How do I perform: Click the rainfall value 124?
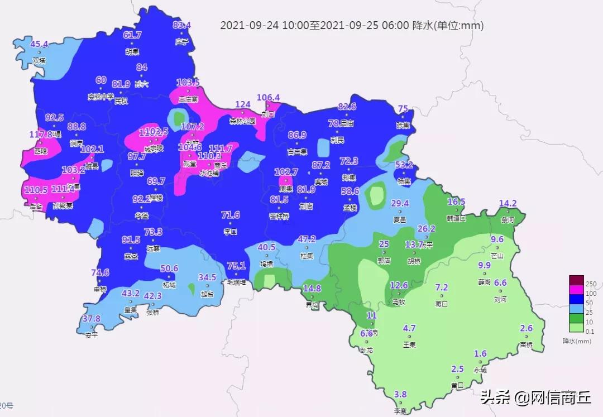243,105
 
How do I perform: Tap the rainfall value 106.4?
268,98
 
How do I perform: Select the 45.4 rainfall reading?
39,45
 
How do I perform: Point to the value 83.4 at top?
182,25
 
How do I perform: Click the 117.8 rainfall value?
40,135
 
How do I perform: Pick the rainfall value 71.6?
230,215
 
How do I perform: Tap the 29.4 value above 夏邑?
400,204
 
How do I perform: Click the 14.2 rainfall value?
508,204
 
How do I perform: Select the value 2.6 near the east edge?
526,328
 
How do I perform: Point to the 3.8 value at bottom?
400,394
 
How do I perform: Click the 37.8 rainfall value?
91,319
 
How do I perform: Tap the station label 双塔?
39,60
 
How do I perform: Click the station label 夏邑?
400,219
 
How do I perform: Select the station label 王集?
409,344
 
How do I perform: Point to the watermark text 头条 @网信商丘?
536,397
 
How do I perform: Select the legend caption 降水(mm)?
577,341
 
